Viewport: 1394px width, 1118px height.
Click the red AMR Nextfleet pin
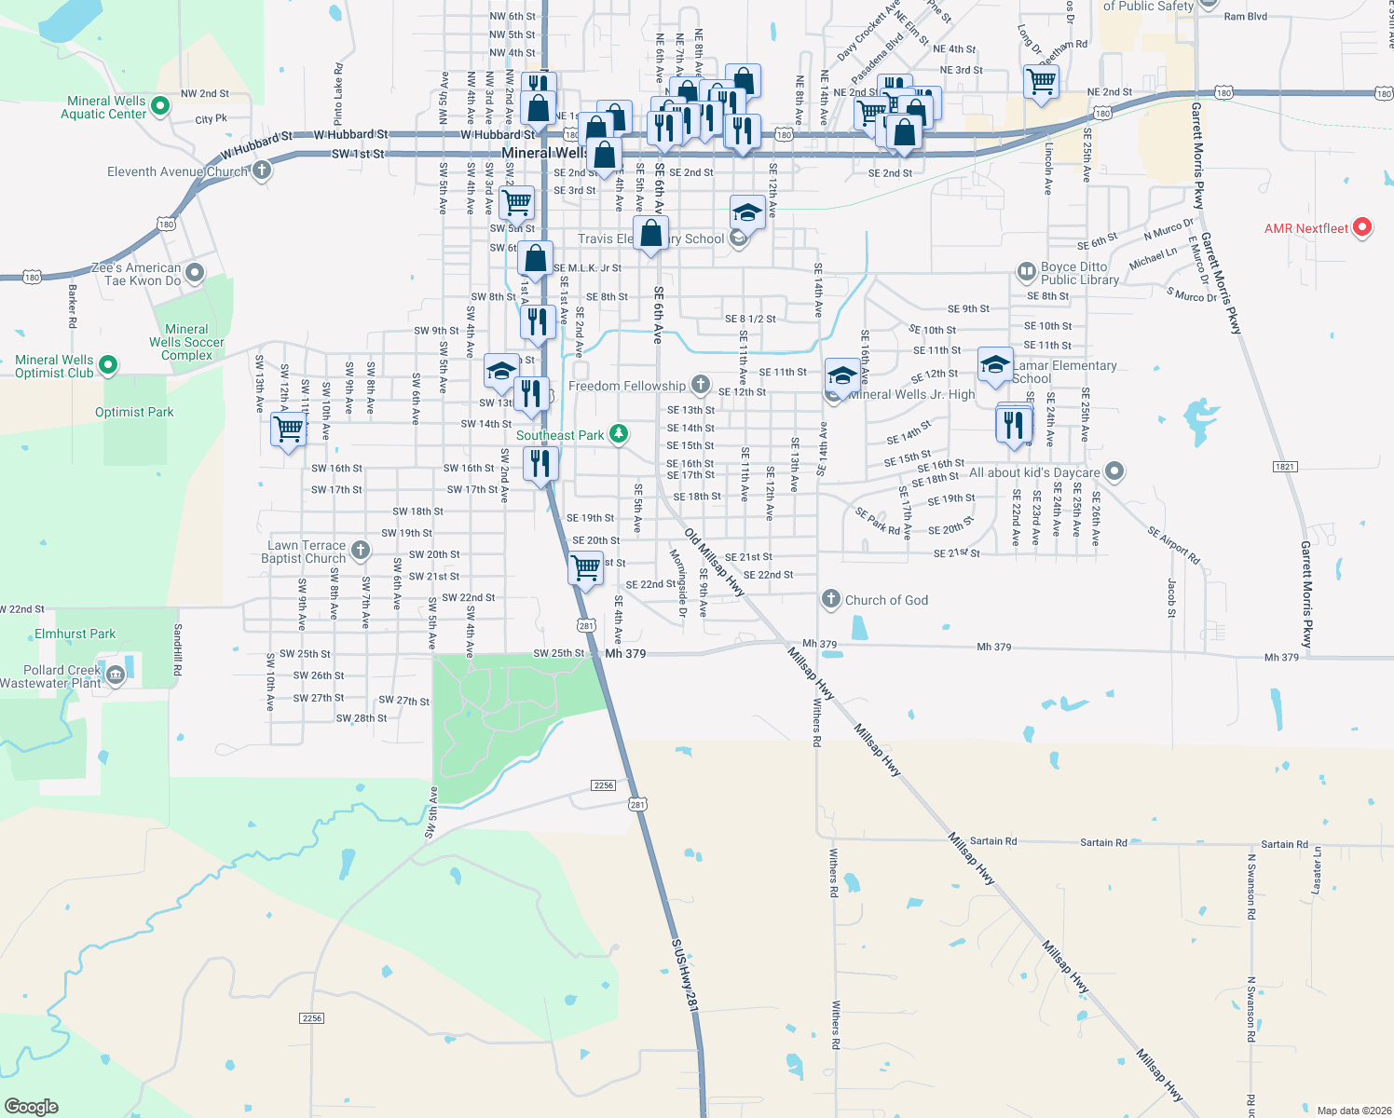click(1361, 226)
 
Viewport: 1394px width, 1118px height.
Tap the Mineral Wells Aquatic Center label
click(103, 107)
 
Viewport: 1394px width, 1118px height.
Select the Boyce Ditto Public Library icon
click(1026, 272)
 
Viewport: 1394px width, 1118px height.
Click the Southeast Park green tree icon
click(618, 434)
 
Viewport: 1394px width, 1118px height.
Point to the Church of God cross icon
click(831, 599)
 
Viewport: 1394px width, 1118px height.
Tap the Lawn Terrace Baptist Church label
click(304, 552)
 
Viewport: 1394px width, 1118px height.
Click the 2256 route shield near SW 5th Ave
click(604, 785)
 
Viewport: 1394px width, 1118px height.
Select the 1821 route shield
click(1284, 467)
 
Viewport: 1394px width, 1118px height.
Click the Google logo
click(31, 1107)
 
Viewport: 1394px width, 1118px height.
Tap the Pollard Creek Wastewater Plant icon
click(116, 675)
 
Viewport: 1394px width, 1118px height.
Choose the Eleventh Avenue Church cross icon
click(262, 170)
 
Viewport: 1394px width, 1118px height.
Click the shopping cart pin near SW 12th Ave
click(288, 429)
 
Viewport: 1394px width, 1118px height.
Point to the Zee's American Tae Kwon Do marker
click(195, 273)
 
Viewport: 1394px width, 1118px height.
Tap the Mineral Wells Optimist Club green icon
click(108, 365)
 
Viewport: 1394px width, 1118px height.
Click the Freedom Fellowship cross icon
click(701, 385)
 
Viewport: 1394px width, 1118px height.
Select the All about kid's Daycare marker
click(1114, 471)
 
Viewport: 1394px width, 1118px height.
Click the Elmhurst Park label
click(75, 634)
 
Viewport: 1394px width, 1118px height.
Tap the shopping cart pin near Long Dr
click(1041, 81)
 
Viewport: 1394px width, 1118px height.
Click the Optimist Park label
click(134, 412)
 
